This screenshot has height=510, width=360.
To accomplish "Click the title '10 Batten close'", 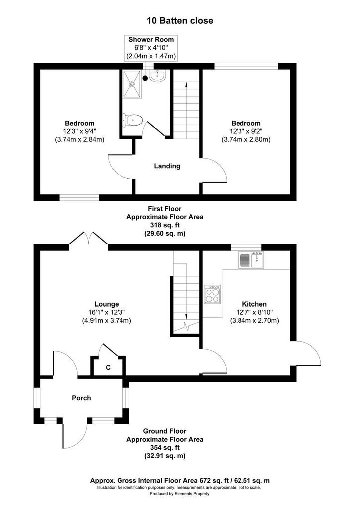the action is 180,21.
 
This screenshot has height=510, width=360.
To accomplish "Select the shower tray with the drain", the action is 132,84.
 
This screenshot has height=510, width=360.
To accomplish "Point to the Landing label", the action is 167,166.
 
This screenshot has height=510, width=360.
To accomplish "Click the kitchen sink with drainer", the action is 251,259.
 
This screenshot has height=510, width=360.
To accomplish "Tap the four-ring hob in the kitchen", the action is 212,294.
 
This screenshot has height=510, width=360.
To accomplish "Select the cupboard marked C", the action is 108,367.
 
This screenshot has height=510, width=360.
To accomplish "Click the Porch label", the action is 81,398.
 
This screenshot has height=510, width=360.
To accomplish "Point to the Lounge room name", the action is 107,304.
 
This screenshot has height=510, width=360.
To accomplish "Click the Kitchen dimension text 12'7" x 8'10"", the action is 254,313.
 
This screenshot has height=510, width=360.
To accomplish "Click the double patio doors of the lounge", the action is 88,238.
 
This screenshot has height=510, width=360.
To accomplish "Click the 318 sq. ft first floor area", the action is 165,225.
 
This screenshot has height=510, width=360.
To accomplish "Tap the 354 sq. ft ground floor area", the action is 165,448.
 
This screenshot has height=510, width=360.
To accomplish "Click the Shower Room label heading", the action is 151,40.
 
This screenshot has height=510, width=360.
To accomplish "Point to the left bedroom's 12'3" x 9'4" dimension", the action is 79,131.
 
